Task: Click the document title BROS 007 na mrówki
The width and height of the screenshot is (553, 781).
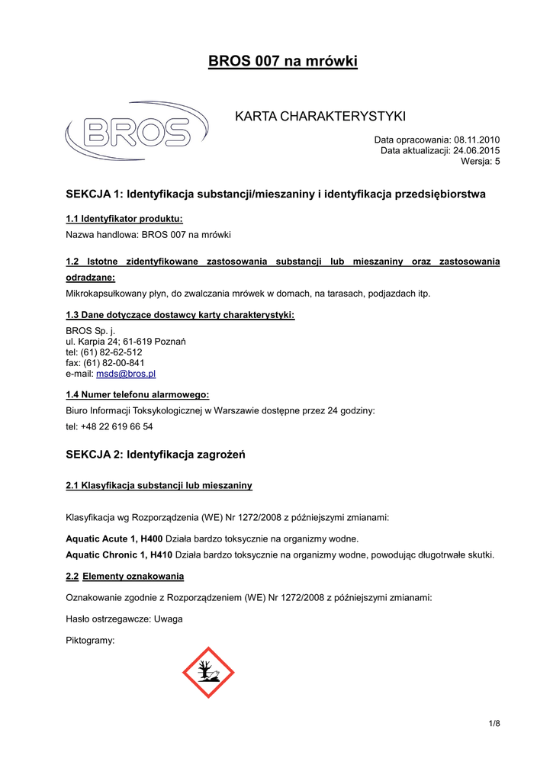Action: click(283, 61)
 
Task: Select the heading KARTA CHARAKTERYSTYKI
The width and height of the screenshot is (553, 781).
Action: click(320, 116)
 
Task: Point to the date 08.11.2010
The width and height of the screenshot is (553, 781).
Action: click(477, 140)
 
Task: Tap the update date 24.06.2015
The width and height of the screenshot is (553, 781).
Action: click(477, 150)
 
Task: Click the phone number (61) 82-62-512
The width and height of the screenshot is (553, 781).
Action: click(112, 352)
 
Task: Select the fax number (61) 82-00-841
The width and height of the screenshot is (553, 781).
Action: click(114, 363)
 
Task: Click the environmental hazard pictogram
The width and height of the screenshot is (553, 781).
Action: click(208, 672)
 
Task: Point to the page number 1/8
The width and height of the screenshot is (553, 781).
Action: click(494, 722)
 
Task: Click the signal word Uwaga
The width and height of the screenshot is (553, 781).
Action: click(168, 619)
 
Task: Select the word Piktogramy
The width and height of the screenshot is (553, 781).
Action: click(90, 640)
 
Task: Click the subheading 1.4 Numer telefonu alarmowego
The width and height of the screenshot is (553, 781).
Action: click(137, 394)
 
